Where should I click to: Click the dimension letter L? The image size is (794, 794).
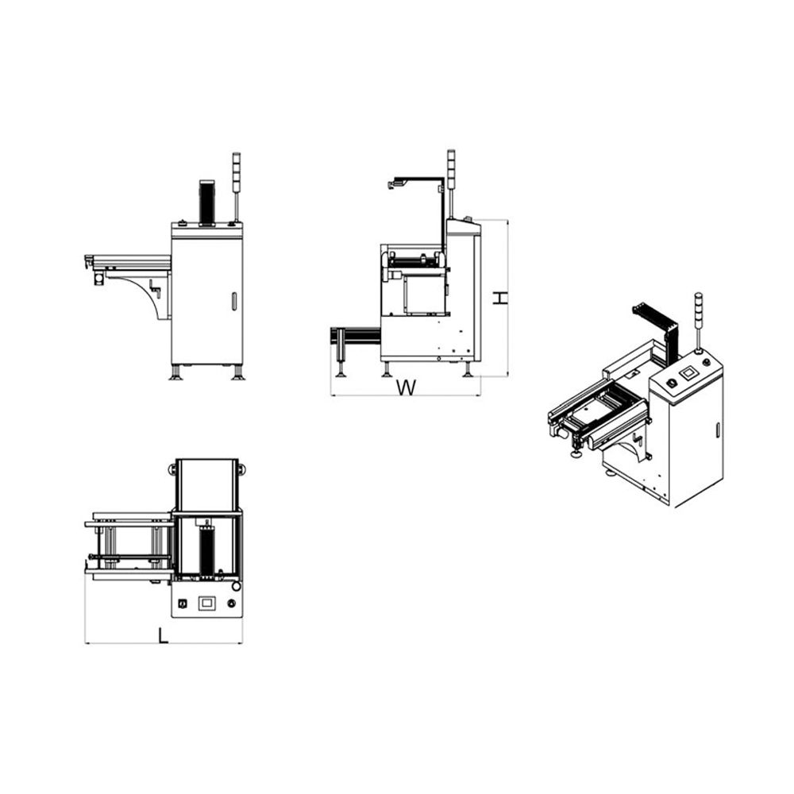163,635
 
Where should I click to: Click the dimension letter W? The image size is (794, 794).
406,387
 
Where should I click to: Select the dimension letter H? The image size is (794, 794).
500,298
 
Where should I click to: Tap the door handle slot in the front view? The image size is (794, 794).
234,301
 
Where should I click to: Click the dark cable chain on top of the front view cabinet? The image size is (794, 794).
206,202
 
